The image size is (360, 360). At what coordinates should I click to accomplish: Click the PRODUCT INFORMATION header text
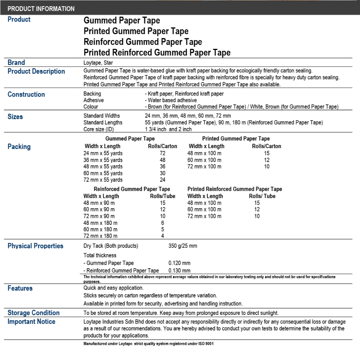pyautogui.click(x=41, y=9)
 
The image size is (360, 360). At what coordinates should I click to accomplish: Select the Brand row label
pyautogui.click(x=16, y=63)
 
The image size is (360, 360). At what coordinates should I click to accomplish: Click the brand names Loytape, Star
pyautogui.click(x=98, y=63)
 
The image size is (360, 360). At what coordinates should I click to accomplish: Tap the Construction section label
pyautogui.click(x=26, y=94)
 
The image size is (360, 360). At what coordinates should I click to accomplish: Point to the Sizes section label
pyautogui.click(x=15, y=117)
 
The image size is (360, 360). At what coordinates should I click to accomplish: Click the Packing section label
pyautogui.click(x=19, y=147)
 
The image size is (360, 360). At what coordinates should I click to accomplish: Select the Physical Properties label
pyautogui.click(x=36, y=246)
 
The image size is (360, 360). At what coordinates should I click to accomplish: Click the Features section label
pyautogui.click(x=20, y=288)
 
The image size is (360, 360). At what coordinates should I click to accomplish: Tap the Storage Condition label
pyautogui.click(x=34, y=313)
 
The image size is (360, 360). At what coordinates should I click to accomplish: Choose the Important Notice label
pyautogui.click(x=31, y=321)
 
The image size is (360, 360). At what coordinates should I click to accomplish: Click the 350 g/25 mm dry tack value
pyautogui.click(x=183, y=246)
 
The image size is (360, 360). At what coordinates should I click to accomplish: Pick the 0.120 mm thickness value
pyautogui.click(x=179, y=263)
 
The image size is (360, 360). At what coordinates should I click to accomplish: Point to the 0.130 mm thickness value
pyautogui.click(x=179, y=271)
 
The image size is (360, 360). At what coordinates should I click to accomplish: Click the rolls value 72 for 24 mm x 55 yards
pyautogui.click(x=162, y=153)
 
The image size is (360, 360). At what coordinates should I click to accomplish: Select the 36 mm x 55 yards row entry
pyautogui.click(x=103, y=160)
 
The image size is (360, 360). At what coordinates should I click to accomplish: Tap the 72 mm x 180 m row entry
pyautogui.click(x=101, y=236)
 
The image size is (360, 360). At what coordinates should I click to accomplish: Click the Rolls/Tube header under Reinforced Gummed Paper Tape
pyautogui.click(x=162, y=196)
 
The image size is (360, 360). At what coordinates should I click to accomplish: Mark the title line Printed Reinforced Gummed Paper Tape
pyautogui.click(x=157, y=53)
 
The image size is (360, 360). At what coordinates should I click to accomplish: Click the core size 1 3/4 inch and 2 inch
pyautogui.click(x=168, y=129)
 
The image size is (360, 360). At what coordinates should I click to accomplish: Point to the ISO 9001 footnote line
pyautogui.click(x=148, y=343)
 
